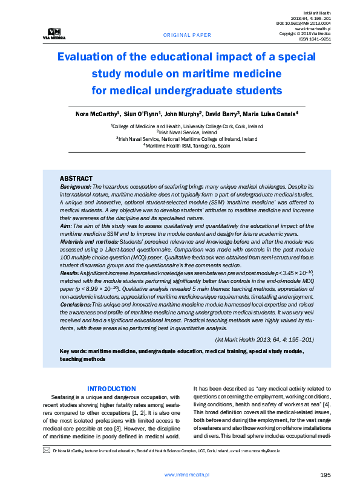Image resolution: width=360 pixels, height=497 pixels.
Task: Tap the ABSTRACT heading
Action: pos(76,178)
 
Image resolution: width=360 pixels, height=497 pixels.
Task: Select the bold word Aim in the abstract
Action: pos(65,225)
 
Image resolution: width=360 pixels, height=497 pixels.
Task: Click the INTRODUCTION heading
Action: pos(111,389)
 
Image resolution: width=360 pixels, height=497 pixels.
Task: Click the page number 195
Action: pos(325,476)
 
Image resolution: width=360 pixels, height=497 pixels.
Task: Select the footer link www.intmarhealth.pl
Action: pos(187,476)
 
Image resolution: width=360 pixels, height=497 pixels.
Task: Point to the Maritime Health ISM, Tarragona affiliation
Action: pos(187,146)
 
